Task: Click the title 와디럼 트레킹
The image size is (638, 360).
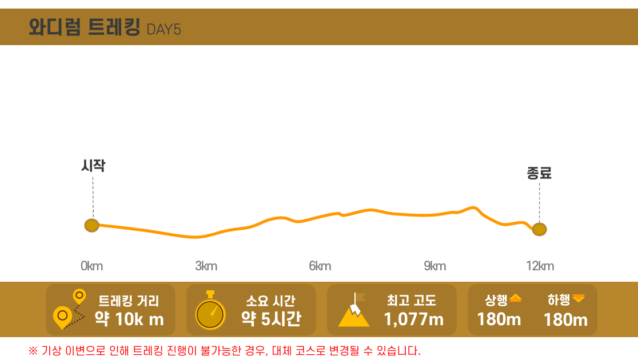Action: point(84,27)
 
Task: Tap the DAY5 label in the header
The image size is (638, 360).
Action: point(164,29)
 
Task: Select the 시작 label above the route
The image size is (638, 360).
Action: point(93,166)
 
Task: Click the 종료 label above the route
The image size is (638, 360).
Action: point(539,173)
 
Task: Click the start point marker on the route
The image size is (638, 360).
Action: point(91,225)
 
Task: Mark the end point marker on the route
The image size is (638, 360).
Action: point(539,229)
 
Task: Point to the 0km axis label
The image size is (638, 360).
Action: point(91,266)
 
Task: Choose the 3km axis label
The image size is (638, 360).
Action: point(206,266)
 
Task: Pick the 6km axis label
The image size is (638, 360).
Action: point(320,266)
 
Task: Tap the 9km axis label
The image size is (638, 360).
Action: point(434,266)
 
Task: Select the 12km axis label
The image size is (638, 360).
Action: point(540,266)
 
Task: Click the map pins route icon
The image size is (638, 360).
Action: point(69,310)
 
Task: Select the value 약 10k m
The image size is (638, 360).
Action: point(129,319)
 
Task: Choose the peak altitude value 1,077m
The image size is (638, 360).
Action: point(413,319)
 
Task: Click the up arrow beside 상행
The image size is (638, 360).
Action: point(516,298)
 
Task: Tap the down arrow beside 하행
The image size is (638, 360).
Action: point(579,298)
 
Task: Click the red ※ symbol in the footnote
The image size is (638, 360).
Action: point(33,350)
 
